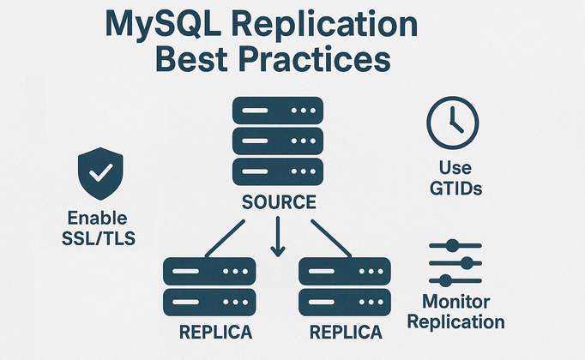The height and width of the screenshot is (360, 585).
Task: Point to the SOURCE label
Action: (277, 203)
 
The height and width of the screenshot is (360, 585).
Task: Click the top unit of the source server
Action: (277, 111)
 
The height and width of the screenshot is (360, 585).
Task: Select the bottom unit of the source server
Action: (277, 171)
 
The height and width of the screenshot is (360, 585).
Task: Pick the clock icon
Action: (451, 121)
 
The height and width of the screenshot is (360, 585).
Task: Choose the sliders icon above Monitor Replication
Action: (454, 263)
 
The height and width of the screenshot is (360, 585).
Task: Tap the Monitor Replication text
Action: (462, 312)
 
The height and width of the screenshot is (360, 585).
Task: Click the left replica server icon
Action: (209, 285)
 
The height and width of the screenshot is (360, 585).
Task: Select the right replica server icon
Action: (344, 285)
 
